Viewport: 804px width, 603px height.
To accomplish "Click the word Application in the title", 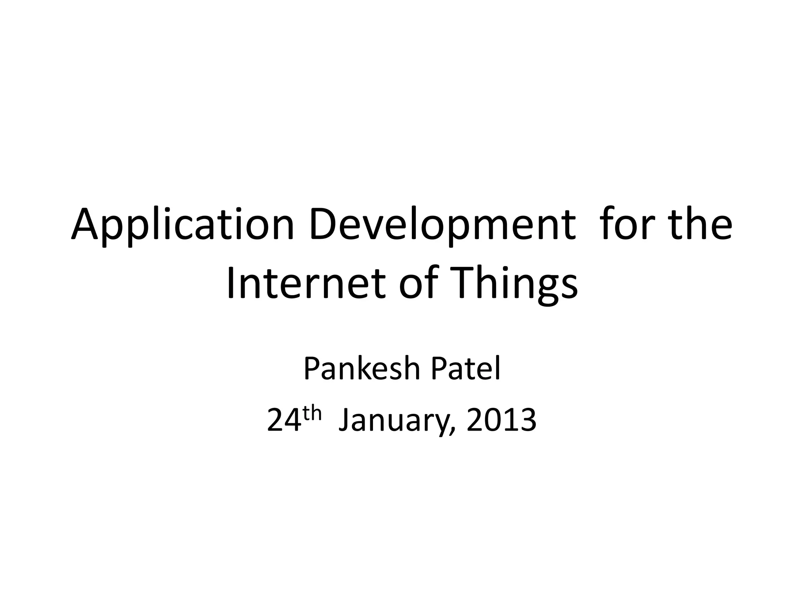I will point(183,227).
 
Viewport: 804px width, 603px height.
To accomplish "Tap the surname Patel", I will point(466,369).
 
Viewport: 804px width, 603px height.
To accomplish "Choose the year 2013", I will point(501,421).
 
